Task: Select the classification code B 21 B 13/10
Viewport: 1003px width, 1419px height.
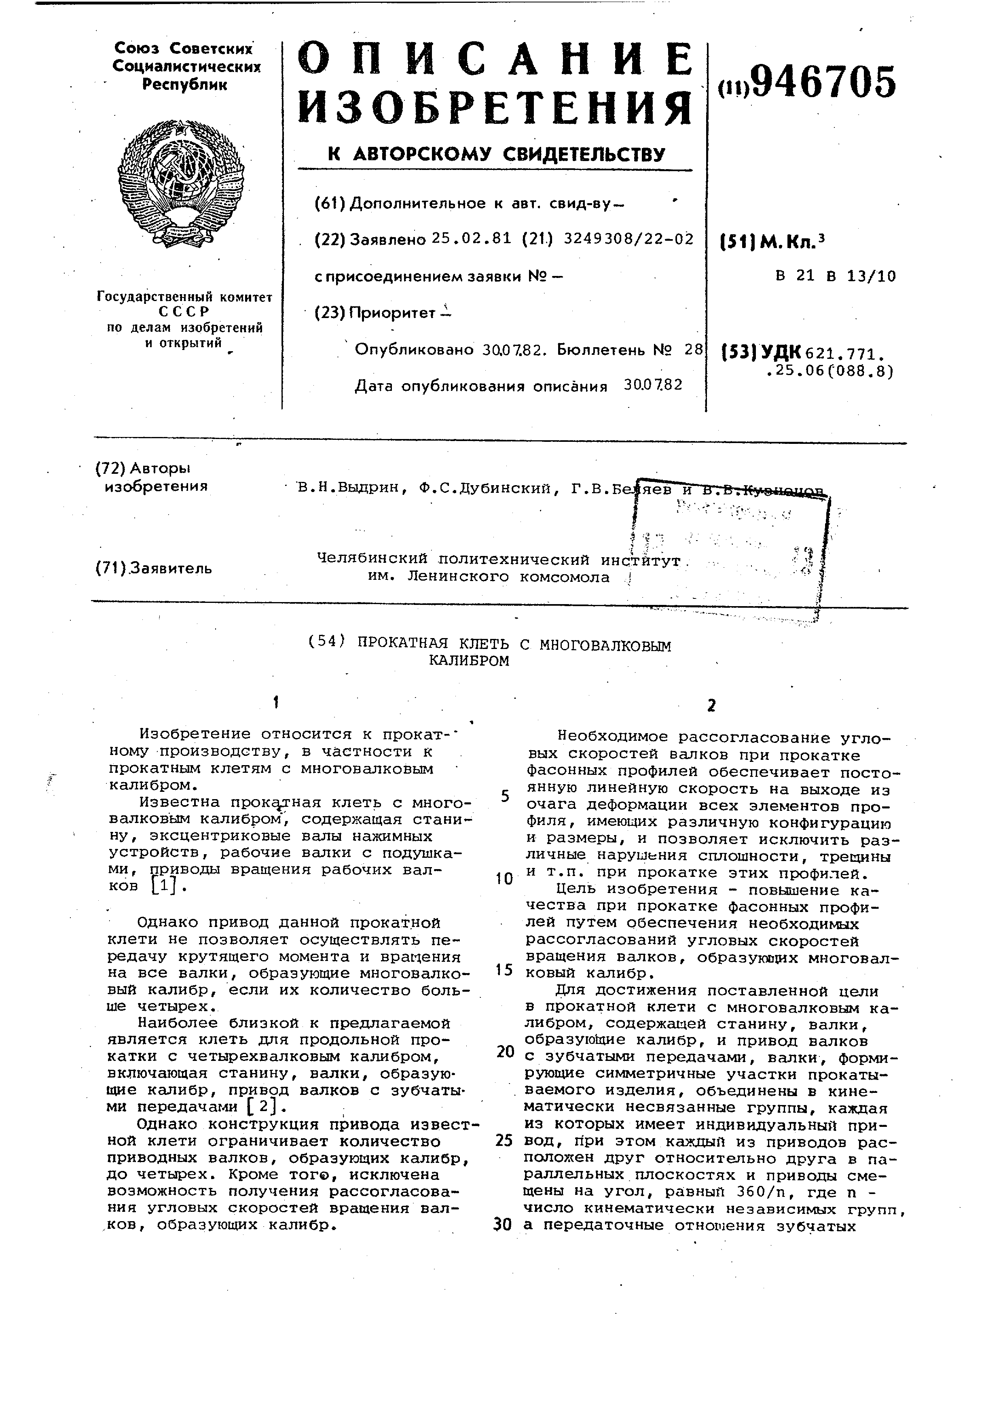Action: (x=835, y=276)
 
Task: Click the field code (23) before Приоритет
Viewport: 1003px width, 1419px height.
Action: (x=330, y=313)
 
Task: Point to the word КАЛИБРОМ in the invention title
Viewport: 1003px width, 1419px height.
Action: (x=469, y=661)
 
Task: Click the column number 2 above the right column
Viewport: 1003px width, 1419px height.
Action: (x=711, y=706)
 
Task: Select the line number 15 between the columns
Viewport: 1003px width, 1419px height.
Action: (x=504, y=970)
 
